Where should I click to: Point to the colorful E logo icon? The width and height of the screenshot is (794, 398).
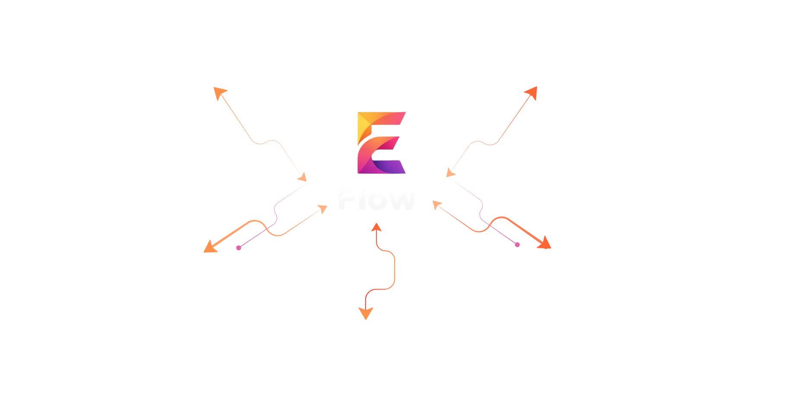point(381,143)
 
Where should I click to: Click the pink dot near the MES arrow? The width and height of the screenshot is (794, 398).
point(239,248)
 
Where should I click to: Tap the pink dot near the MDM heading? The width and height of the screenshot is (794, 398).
point(517,245)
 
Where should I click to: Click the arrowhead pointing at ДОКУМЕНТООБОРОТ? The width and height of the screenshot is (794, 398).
point(366,314)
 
